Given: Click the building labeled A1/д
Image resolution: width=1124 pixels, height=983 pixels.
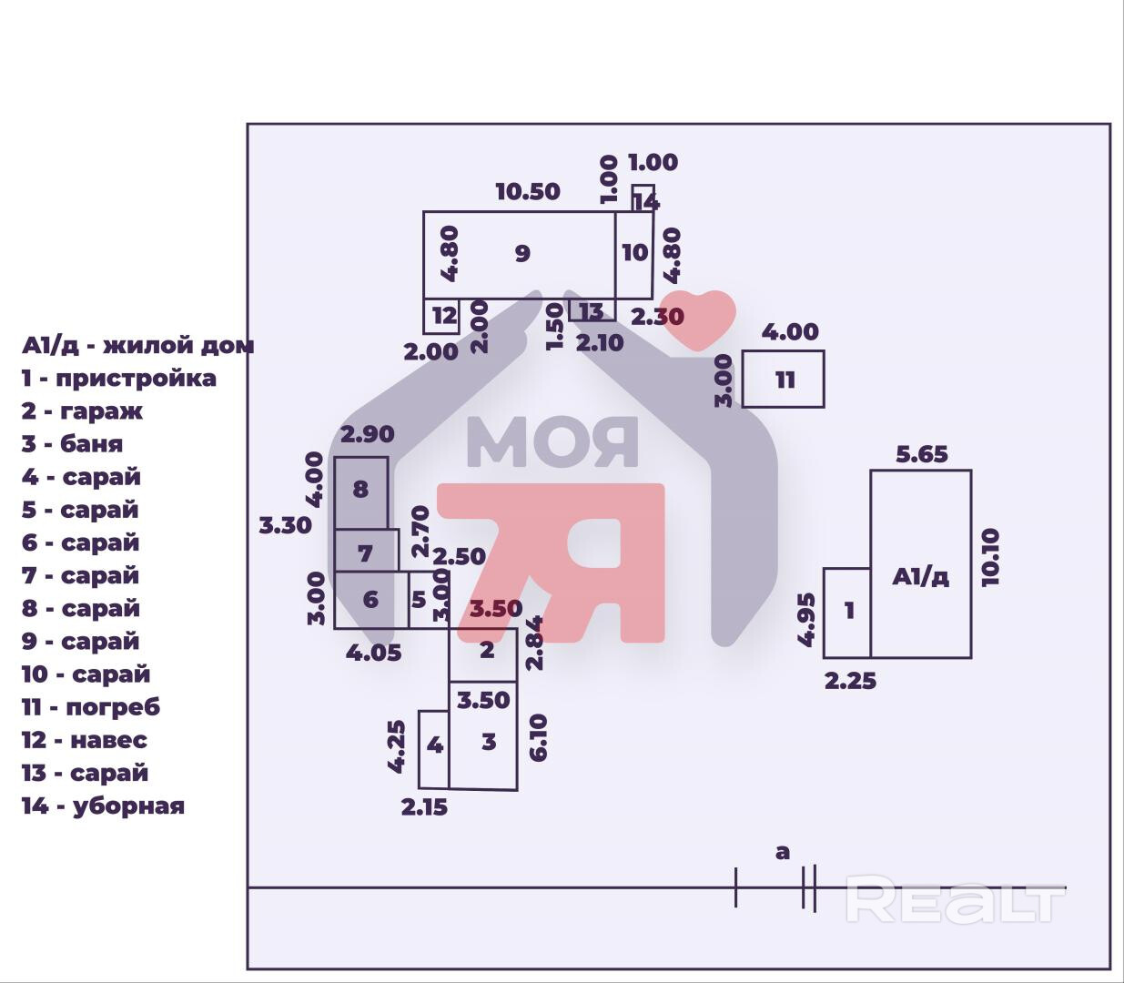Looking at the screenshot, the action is point(920,564).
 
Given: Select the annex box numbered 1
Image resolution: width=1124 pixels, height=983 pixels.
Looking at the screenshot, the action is point(847,613).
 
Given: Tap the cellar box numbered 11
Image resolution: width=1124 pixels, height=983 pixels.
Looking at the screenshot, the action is point(784,379).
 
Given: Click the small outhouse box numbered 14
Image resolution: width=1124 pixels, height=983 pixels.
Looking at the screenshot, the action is point(643,198).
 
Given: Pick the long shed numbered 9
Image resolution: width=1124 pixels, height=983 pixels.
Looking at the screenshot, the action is point(520,255).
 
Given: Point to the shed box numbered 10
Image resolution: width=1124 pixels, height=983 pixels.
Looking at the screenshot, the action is point(634,255).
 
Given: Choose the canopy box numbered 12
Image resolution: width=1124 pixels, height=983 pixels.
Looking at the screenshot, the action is point(442,316).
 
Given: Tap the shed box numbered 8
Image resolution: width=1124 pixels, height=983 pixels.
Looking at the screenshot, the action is point(360,492).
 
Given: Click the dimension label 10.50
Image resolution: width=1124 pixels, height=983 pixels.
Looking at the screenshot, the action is point(528,192).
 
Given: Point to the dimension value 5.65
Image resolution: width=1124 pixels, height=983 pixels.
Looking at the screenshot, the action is point(921,453).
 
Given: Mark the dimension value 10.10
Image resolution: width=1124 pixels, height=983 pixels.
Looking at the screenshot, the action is point(991,556).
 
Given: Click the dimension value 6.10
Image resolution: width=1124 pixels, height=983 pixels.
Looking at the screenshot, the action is point(538,737).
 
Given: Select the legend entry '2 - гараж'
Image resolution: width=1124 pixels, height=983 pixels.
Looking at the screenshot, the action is point(83,411).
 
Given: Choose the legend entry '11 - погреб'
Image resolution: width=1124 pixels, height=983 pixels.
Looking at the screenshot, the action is point(91,707).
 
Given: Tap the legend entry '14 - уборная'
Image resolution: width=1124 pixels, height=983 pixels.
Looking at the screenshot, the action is point(103,806).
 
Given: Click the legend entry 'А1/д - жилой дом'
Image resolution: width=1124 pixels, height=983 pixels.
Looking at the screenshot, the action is point(137,346).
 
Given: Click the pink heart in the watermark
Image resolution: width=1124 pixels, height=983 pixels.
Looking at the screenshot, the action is point(697,318).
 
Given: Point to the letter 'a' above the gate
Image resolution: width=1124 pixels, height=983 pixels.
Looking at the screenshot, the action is point(783,853).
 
